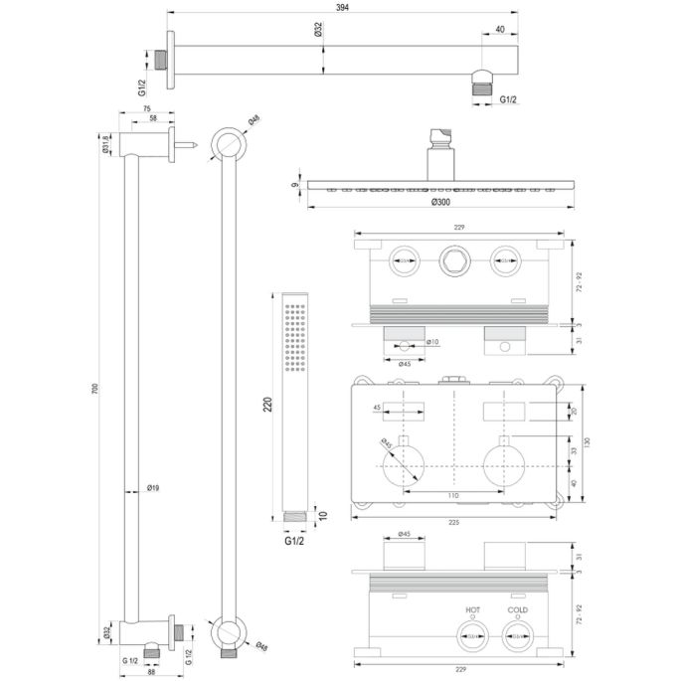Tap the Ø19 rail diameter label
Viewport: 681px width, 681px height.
tap(154, 488)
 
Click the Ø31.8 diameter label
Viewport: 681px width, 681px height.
tap(106, 147)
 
